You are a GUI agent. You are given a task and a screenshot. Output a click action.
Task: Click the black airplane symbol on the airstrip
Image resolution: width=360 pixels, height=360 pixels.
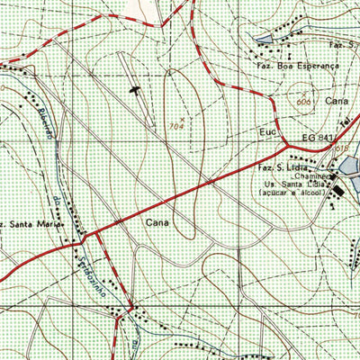[x=136, y=89]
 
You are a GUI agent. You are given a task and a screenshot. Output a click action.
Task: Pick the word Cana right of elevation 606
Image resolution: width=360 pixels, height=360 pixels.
[x=336, y=101]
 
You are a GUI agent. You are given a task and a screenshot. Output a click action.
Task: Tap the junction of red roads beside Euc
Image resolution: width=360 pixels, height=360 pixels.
[x=286, y=144]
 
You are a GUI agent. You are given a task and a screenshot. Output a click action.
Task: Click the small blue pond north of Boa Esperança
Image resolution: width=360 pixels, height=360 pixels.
[x=263, y=40]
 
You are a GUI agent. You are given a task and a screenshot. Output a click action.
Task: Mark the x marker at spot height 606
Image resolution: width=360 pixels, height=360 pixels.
[x=303, y=92]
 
